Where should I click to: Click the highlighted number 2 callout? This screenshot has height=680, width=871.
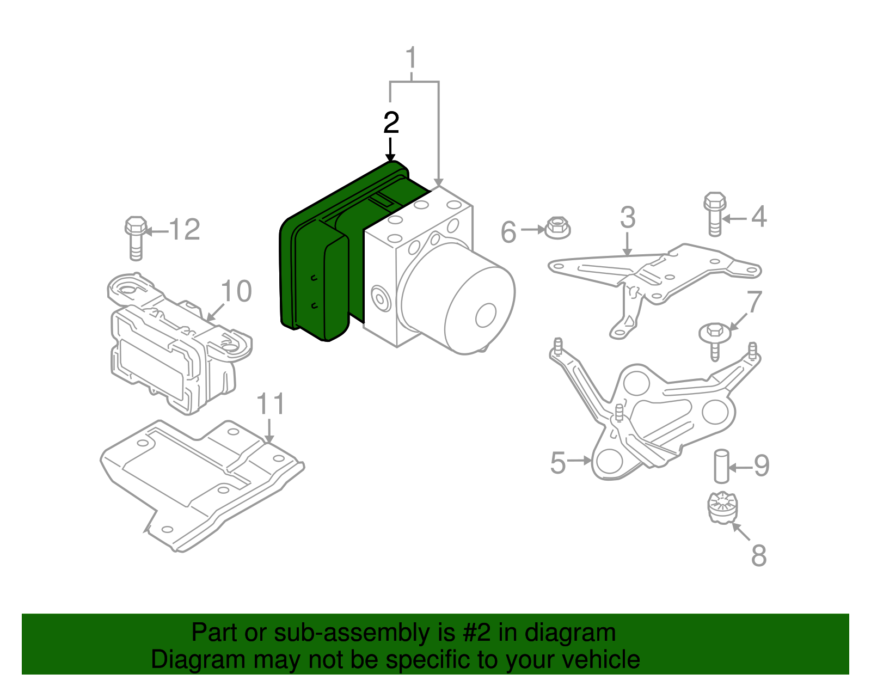click(391, 123)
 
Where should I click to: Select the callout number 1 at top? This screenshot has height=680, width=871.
click(412, 58)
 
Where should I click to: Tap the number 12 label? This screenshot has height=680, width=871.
click(185, 230)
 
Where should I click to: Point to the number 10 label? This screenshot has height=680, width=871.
click(237, 291)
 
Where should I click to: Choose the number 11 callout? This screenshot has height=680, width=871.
click(271, 404)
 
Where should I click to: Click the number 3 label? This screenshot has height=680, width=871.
click(627, 217)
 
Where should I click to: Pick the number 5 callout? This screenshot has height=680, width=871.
click(558, 463)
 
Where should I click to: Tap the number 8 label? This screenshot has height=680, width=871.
click(759, 556)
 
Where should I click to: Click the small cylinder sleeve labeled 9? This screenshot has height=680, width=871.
click(722, 467)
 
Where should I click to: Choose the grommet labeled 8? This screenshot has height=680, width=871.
click(722, 507)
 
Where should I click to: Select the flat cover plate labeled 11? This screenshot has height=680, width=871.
click(202, 485)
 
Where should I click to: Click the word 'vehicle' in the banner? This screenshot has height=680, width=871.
click(600, 659)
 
